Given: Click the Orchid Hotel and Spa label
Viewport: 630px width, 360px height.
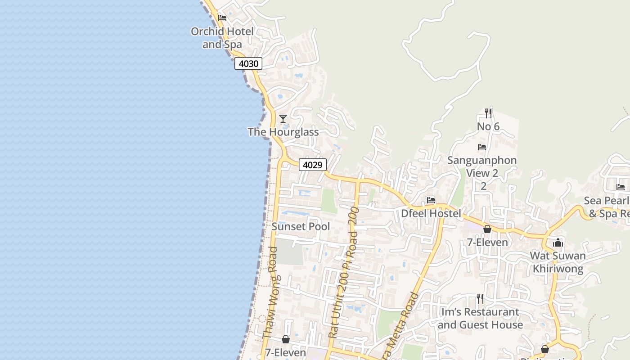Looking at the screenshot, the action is pyautogui.click(x=222, y=38).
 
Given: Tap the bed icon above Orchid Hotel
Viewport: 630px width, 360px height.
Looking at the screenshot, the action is pyautogui.click(x=222, y=18).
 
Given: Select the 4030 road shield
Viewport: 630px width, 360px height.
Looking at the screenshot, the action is pyautogui.click(x=248, y=64).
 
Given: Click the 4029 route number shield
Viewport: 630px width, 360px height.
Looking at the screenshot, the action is pyautogui.click(x=312, y=165).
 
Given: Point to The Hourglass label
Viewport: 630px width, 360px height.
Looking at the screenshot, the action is pyautogui.click(x=283, y=132).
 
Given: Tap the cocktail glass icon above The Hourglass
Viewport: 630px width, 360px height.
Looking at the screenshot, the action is pyautogui.click(x=283, y=119).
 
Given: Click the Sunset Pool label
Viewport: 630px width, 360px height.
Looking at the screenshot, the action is pyautogui.click(x=301, y=226).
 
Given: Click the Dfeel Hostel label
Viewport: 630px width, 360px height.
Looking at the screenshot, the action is pyautogui.click(x=431, y=213).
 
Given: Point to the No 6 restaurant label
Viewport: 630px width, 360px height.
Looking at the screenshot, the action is pyautogui.click(x=488, y=126).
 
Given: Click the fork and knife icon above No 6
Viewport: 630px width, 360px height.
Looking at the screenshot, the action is pyautogui.click(x=488, y=113).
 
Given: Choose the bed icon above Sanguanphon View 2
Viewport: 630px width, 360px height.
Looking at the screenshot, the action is pyautogui.click(x=482, y=147).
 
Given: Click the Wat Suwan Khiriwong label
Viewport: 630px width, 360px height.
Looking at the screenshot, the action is pyautogui.click(x=558, y=262).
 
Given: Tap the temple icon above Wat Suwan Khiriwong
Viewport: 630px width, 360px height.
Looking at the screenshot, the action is pyautogui.click(x=558, y=243).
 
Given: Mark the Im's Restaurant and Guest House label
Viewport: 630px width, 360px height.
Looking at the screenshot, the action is pyautogui.click(x=480, y=318).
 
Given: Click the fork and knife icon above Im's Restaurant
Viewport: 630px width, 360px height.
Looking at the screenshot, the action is pyautogui.click(x=480, y=298).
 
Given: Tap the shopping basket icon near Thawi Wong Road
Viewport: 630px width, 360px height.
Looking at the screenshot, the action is pyautogui.click(x=286, y=339).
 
